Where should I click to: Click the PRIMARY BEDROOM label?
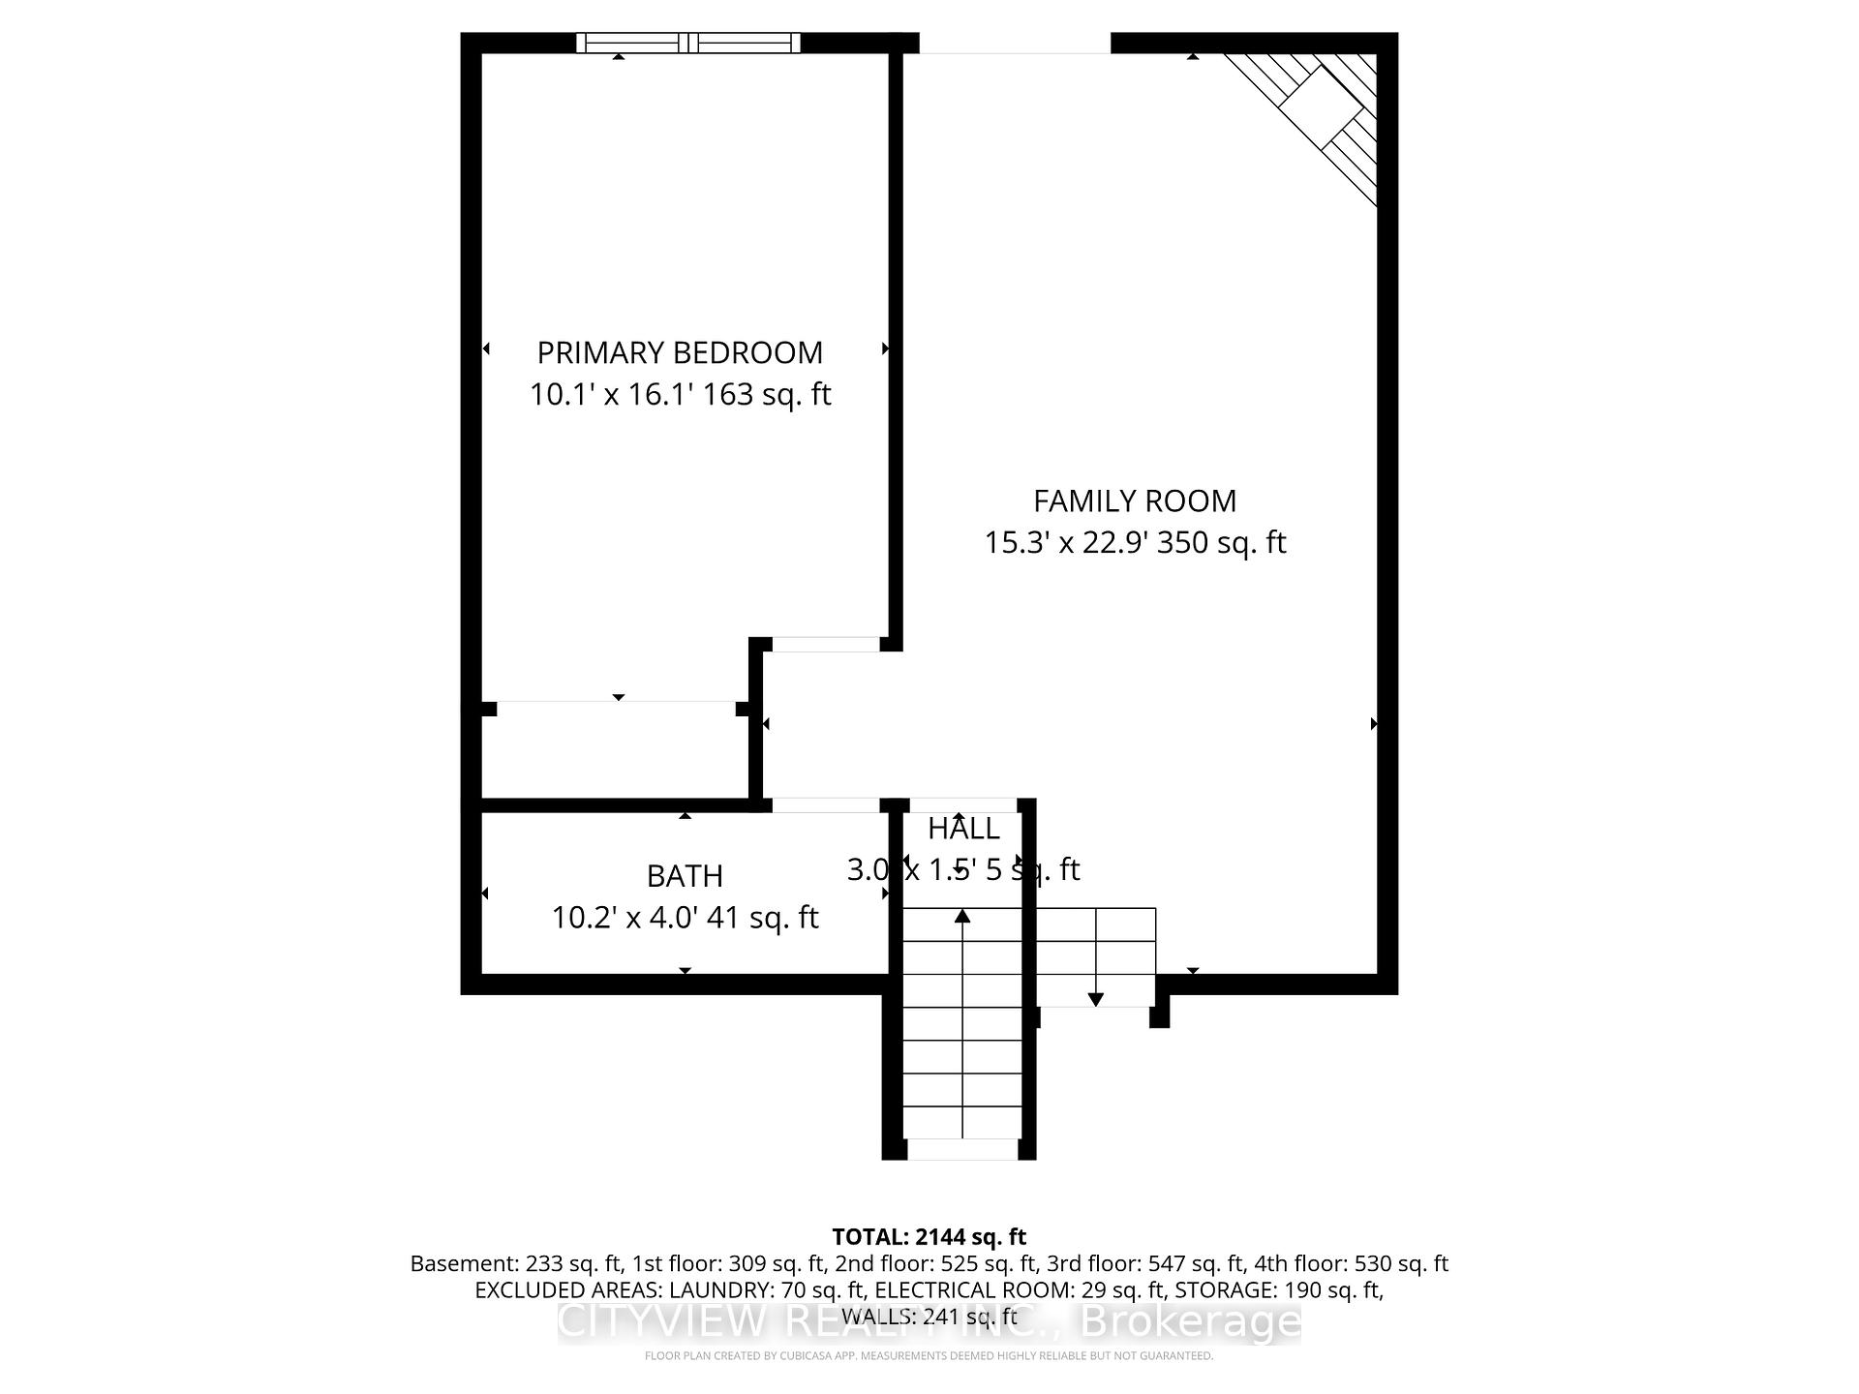680,352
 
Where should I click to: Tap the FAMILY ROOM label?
1135,500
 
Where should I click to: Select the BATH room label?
685,876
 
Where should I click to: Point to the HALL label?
963,829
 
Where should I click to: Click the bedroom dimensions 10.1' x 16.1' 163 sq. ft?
680,395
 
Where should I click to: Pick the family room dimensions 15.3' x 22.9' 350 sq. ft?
1135,542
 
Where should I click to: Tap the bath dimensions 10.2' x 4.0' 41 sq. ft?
685,918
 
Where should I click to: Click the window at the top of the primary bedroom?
687,43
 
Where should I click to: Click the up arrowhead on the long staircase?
962,915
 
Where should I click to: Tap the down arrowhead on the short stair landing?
1096,999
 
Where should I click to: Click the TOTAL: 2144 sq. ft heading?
929,1237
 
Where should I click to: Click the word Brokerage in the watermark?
1190,1321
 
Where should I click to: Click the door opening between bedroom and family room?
826,645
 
